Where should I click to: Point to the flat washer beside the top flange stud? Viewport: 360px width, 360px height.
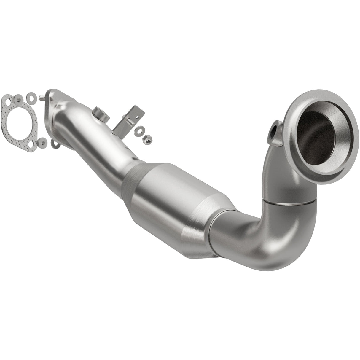coord(31,97)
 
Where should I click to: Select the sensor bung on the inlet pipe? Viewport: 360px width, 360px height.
coord(98,114)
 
